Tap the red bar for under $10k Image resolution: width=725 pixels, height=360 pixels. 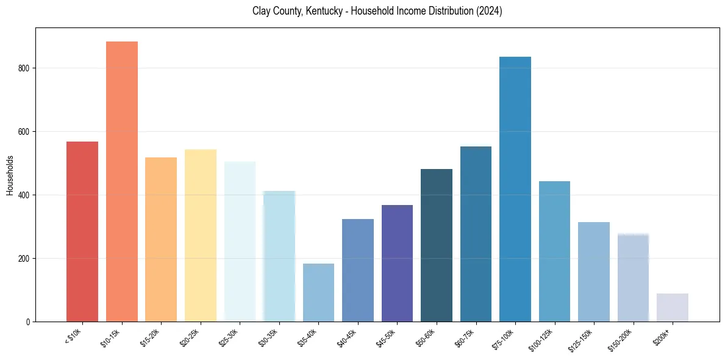tap(82, 231)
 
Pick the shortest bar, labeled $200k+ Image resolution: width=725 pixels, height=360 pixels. tap(673, 308)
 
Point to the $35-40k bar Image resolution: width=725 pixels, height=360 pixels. tap(318, 292)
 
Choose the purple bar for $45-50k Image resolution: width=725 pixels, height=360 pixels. tap(397, 263)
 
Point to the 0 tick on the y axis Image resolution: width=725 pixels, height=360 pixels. tap(27, 322)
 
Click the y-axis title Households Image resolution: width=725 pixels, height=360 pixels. tap(10, 175)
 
